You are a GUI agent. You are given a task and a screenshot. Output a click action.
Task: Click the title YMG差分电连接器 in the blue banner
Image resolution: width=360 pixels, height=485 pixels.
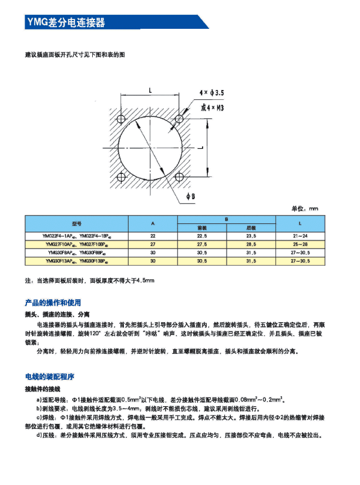pos(66,22)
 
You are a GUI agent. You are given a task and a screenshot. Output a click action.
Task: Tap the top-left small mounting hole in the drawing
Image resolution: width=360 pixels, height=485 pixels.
pos(122,119)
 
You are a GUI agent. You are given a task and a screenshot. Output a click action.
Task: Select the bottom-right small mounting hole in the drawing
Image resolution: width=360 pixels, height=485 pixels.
pos(180,176)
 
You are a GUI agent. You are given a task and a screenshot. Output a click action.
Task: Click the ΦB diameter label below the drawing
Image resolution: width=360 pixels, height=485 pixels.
pos(190,196)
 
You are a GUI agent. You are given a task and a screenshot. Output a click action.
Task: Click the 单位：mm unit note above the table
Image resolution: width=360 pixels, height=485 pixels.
pos(304,209)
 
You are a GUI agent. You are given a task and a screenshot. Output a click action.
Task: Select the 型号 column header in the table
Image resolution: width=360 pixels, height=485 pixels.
pos(76,224)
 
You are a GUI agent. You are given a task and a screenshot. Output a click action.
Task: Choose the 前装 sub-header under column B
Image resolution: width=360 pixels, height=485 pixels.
pos(203,228)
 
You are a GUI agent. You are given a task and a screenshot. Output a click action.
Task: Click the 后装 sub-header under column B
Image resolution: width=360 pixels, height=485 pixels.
pos(251,228)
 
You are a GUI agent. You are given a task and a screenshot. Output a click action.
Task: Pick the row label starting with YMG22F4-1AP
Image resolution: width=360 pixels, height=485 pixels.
pos(76,236)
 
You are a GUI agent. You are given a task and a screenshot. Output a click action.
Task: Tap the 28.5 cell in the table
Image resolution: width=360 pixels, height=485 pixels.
pos(251,243)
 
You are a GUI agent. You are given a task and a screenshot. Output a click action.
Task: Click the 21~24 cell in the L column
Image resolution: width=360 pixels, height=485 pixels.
pos(300,236)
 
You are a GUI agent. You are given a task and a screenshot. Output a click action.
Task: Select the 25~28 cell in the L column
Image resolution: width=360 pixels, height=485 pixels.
pos(300,243)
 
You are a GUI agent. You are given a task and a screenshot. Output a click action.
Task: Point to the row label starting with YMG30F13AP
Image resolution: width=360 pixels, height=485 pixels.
pos(76,260)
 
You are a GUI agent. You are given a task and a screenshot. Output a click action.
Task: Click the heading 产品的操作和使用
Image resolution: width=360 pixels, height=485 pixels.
pos(53,303)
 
